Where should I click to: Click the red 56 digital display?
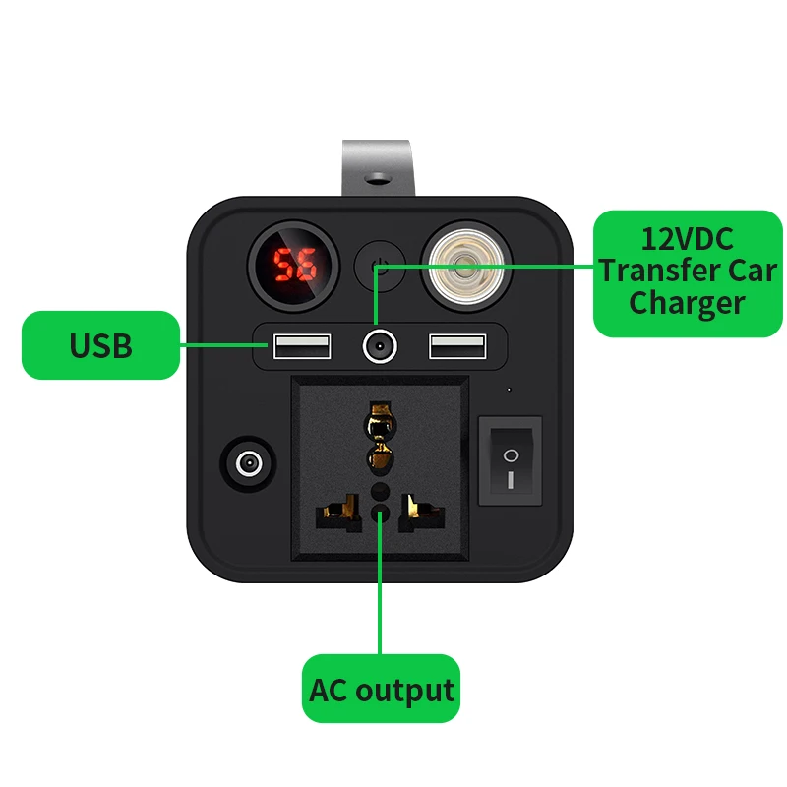coord(293,265)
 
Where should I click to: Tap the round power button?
coord(380,266)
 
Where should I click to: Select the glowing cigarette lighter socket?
coord(465,266)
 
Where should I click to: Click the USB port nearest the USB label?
coord(302,346)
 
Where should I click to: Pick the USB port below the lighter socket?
coord(457,346)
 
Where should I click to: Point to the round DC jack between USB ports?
coord(380,346)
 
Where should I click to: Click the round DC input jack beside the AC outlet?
coord(249,463)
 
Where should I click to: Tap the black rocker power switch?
coord(510,460)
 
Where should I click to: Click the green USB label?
coord(101,345)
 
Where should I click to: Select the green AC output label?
coord(381,689)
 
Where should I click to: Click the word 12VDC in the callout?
coord(687,239)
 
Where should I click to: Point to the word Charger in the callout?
coord(687,304)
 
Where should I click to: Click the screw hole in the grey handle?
coord(378,177)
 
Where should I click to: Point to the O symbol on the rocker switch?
coord(511,455)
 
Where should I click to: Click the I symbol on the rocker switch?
coord(510,480)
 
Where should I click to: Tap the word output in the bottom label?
coord(404,691)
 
